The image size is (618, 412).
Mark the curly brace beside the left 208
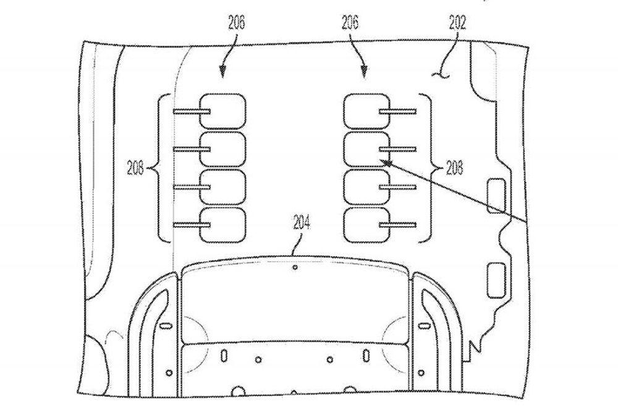pos(162,168)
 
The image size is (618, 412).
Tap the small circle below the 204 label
pos(295,267)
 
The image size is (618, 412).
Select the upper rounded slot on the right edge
pos(496,195)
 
